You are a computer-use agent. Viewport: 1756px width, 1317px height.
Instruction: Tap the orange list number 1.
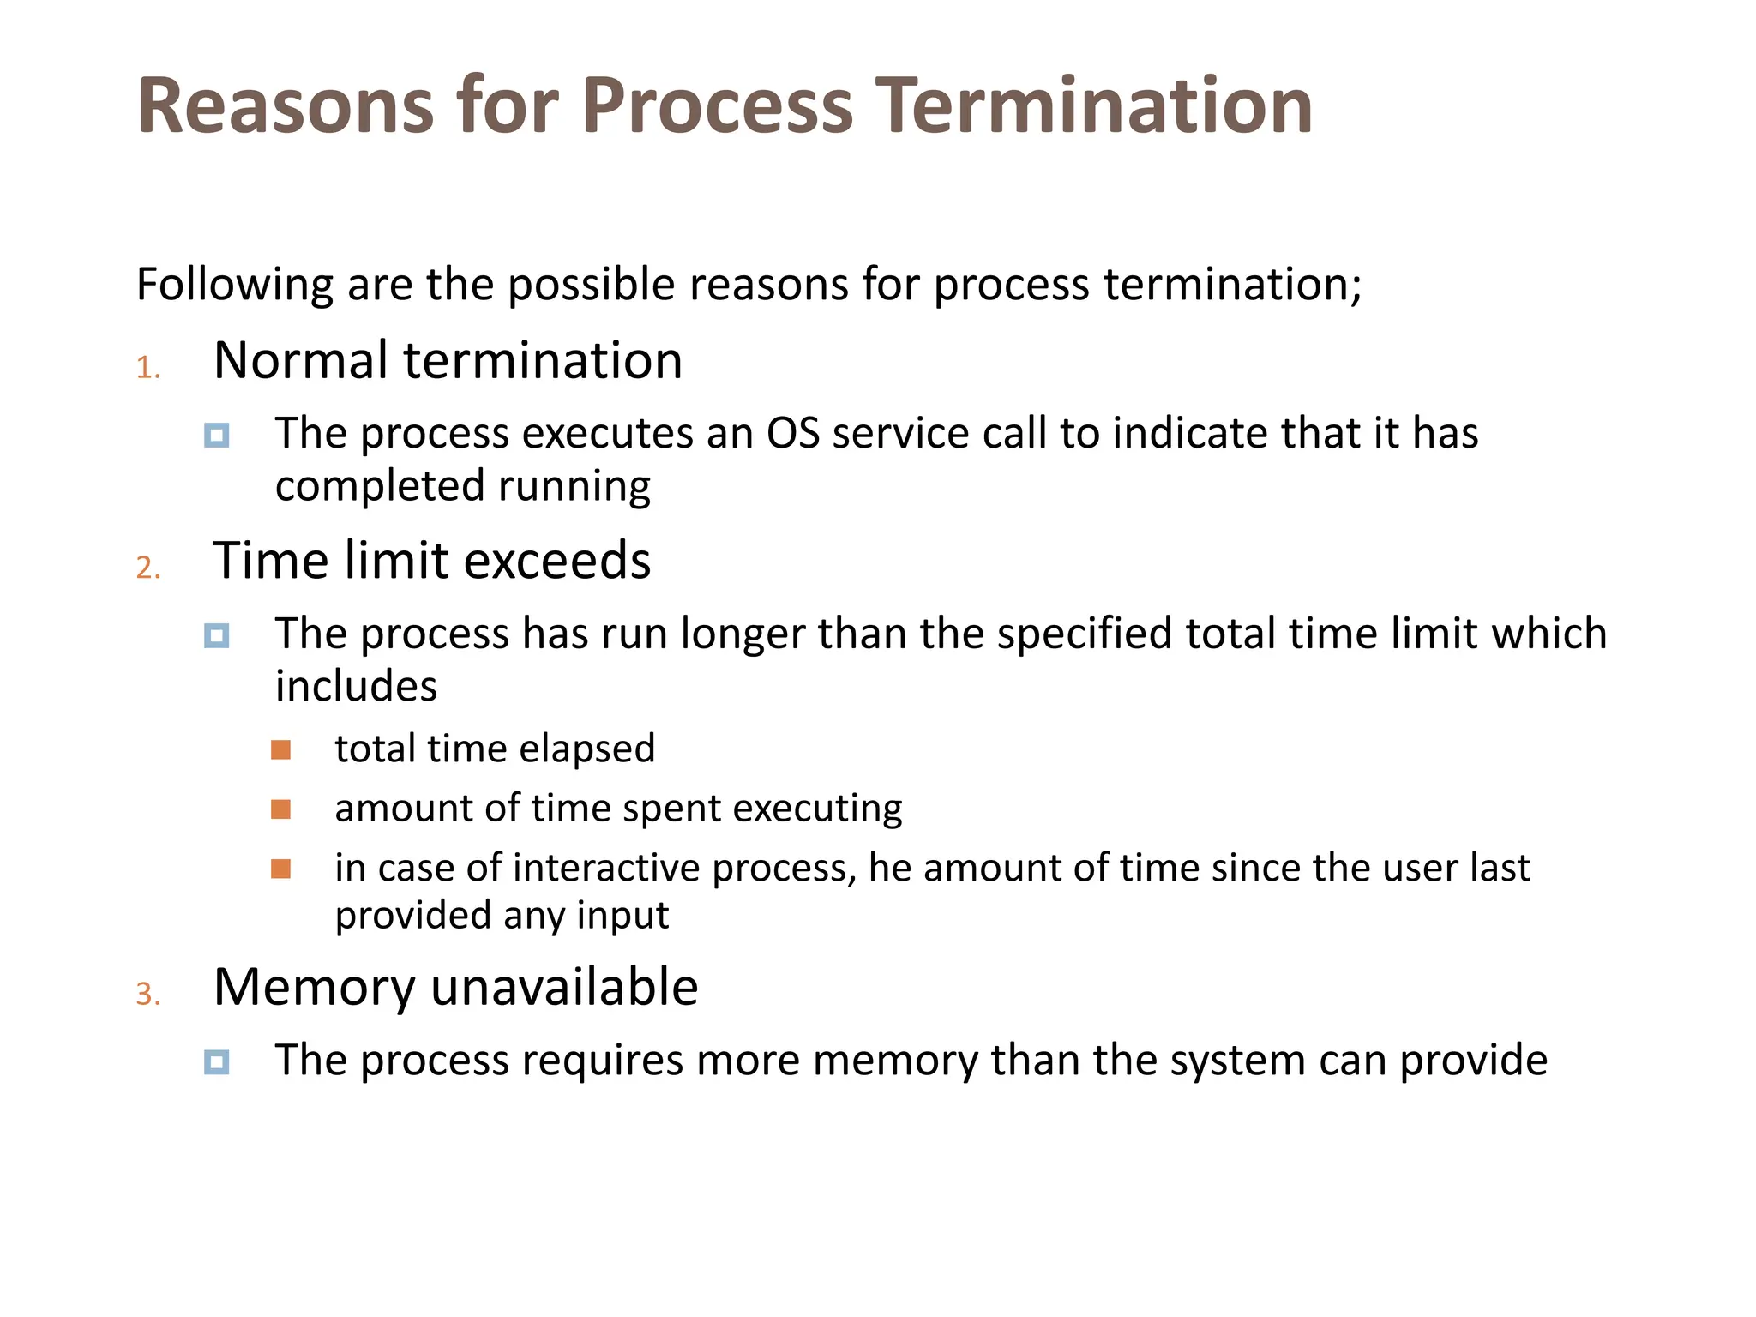pos(148,368)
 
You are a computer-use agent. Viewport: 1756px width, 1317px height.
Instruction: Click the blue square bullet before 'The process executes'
pos(217,436)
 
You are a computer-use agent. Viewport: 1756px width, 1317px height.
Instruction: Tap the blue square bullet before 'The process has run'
pos(217,636)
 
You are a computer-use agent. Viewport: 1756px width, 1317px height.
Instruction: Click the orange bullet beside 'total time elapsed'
pos(280,750)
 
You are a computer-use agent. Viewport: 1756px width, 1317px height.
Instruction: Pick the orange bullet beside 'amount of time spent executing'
pos(280,809)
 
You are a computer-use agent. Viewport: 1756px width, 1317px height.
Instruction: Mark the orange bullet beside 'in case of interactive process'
pos(280,869)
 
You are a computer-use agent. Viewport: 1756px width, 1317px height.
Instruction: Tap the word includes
pos(356,686)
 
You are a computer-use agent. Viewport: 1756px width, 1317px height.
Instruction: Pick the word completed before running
pos(380,487)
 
